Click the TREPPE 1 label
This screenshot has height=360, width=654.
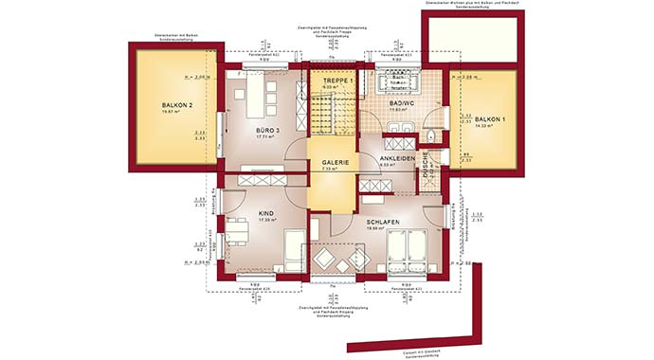(337, 81)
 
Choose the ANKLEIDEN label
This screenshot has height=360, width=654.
(397, 158)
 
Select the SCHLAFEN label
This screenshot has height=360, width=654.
(382, 222)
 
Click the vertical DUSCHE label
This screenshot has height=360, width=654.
(428, 171)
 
